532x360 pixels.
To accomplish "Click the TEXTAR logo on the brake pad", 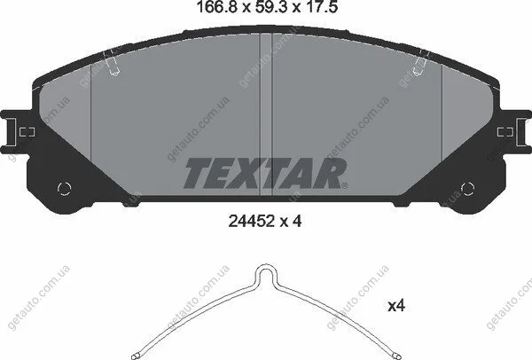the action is (265, 173).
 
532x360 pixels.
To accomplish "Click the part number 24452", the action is (252, 222).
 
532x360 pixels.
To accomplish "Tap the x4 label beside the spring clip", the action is (396, 306).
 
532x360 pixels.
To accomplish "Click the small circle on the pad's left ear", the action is (64, 189).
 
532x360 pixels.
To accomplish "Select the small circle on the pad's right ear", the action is (467, 189).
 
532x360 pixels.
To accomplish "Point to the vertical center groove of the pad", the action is (266, 114).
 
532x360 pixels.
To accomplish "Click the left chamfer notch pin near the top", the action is (112, 63).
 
